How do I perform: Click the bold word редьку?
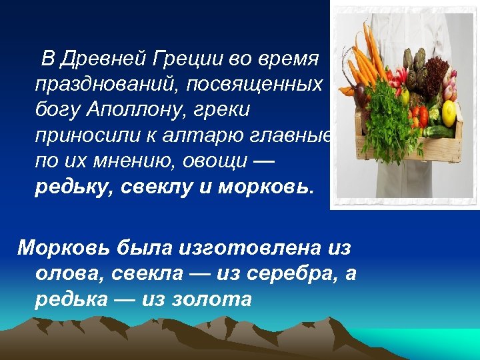[73, 187]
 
